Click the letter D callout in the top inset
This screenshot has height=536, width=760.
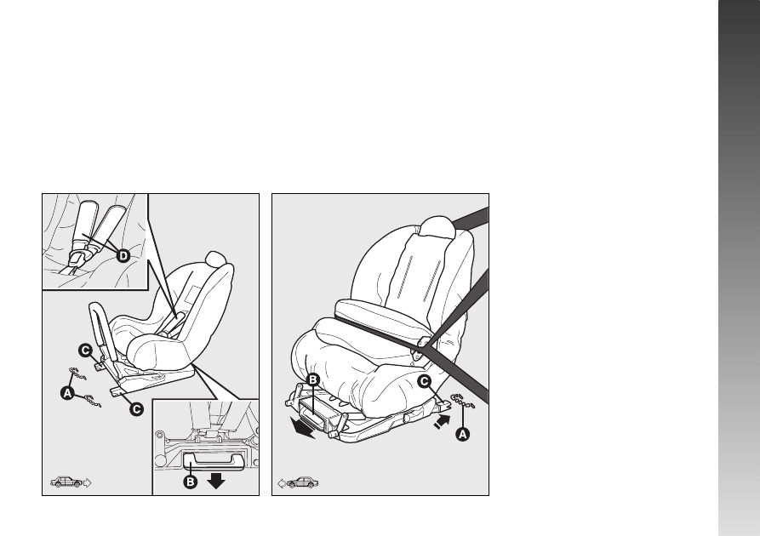pyautogui.click(x=123, y=255)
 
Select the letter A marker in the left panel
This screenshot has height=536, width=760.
pyautogui.click(x=67, y=393)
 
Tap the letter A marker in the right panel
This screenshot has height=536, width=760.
pyautogui.click(x=463, y=434)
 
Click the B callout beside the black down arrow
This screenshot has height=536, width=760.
pyautogui.click(x=191, y=482)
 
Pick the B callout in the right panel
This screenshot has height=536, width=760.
pyautogui.click(x=313, y=379)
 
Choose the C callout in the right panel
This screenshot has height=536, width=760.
pyautogui.click(x=424, y=382)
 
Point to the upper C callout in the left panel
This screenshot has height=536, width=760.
pyautogui.click(x=85, y=351)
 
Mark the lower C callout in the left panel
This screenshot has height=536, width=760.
pyautogui.click(x=137, y=409)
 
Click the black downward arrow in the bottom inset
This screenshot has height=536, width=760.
pyautogui.click(x=215, y=481)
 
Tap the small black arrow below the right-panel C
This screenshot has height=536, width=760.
pyautogui.click(x=442, y=422)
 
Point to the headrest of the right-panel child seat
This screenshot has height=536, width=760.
pyautogui.click(x=437, y=227)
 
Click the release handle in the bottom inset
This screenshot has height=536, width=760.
pyautogui.click(x=213, y=461)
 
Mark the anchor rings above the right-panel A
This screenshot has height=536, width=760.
pyautogui.click(x=463, y=401)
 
